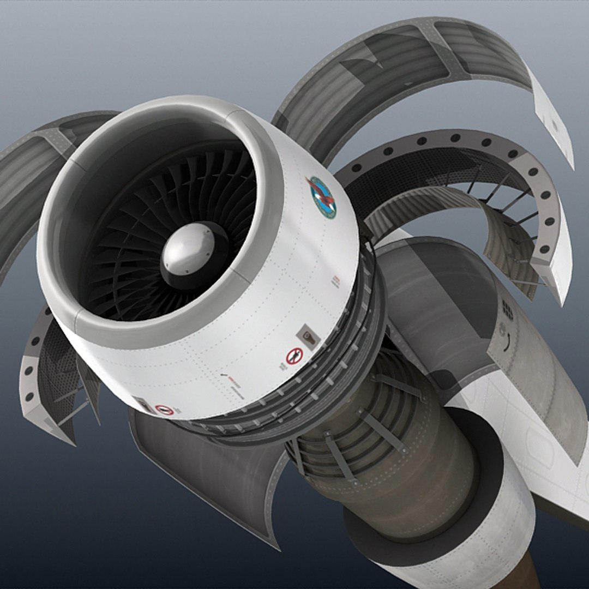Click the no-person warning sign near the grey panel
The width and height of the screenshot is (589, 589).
294,356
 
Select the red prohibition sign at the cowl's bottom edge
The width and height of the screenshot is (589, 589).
164,409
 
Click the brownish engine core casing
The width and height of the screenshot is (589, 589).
414,480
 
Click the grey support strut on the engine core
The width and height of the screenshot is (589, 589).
382,431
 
